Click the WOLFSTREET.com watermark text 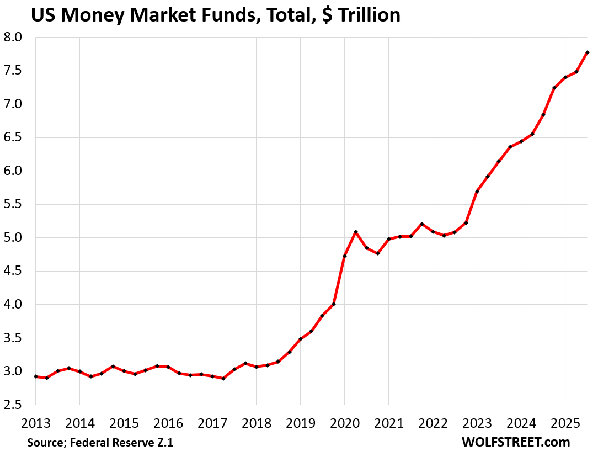tap(515, 442)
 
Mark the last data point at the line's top tap(588, 52)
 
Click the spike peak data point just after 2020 tap(356, 232)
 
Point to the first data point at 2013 tap(36, 376)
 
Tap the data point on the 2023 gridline tap(477, 192)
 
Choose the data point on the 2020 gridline tap(345, 256)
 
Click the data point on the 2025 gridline tap(565, 77)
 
